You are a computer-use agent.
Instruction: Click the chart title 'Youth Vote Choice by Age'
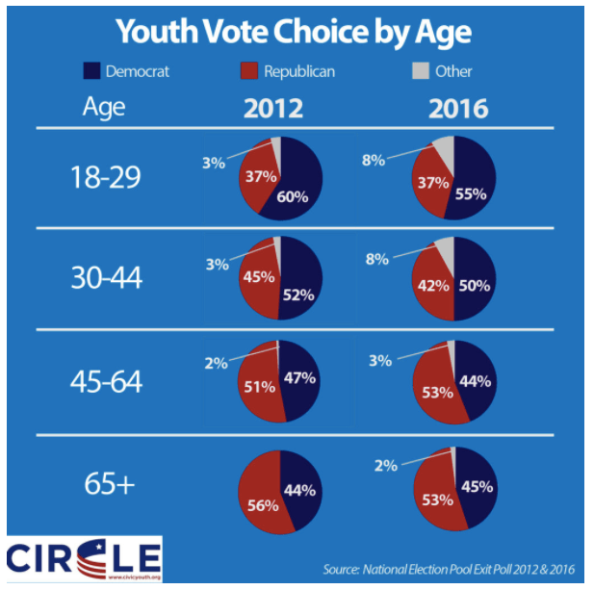point(295,31)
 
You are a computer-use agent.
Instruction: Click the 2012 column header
point(272,108)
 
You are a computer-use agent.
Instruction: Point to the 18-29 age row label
point(106,178)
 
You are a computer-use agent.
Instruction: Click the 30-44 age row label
point(106,279)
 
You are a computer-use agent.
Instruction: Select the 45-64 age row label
point(106,381)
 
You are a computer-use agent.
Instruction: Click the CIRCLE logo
point(85,558)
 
